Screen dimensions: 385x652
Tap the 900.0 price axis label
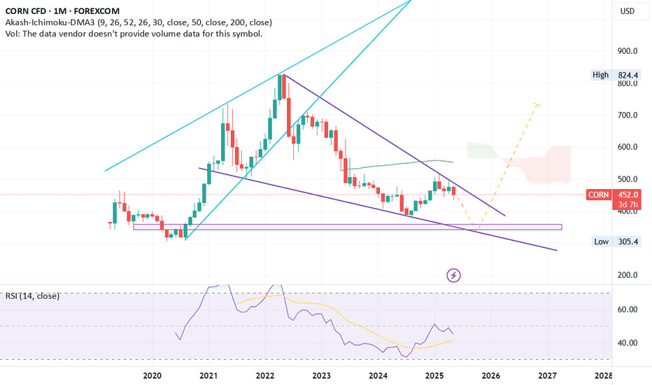tap(627, 51)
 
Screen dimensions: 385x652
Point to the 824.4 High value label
tap(627, 74)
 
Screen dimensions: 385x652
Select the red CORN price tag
tap(598, 195)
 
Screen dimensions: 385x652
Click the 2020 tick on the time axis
tap(153, 376)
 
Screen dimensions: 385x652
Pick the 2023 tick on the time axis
tap(321, 376)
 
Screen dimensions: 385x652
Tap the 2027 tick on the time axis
tap(547, 376)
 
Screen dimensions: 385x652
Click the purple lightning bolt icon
tap(454, 275)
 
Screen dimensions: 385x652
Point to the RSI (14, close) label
tap(32, 296)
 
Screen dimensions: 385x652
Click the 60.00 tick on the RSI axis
tap(627, 309)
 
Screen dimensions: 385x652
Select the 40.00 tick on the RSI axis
tap(627, 343)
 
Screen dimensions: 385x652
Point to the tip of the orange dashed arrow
tap(537, 104)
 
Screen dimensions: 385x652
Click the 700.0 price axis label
tap(627, 115)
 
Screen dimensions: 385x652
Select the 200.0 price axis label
tap(627, 275)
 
